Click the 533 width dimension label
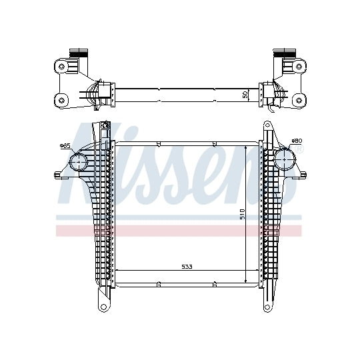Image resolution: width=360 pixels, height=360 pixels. (x=187, y=267)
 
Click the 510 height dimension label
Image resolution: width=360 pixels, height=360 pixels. (x=243, y=214)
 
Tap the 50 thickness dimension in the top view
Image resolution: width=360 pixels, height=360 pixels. (x=245, y=95)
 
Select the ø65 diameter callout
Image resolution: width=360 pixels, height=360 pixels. (x=65, y=145)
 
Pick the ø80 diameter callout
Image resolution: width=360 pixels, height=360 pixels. (x=297, y=140)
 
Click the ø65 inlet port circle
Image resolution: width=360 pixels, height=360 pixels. (x=79, y=162)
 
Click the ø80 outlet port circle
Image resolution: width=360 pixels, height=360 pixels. (x=285, y=159)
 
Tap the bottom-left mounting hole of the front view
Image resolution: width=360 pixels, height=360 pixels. (x=104, y=307)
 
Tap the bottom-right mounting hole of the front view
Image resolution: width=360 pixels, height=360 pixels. (x=267, y=307)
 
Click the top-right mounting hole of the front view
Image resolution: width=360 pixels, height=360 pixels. (x=267, y=125)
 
